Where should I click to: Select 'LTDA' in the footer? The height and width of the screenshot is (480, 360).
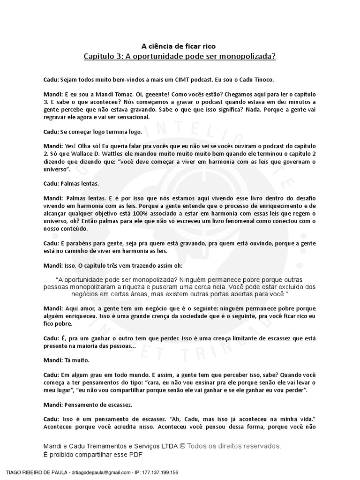coord(166,446)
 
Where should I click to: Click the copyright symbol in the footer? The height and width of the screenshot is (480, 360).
coord(182,446)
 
